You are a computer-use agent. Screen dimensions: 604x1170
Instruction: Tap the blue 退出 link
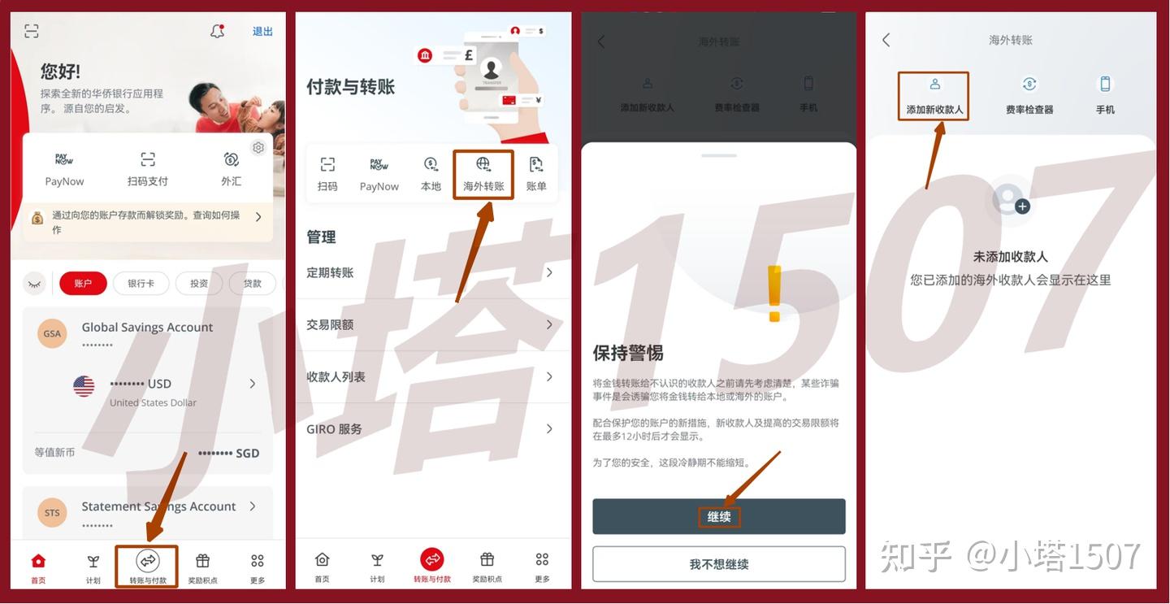click(262, 32)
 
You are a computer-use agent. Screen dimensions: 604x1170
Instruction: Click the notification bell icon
click(217, 32)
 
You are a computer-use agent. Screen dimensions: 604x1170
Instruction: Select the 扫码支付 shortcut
click(147, 168)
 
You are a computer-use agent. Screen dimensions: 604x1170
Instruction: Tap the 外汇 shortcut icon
click(232, 160)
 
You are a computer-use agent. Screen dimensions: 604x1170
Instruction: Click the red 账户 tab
click(83, 283)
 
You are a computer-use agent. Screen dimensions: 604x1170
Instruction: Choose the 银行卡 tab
click(141, 283)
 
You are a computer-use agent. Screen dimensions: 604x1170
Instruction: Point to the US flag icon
click(84, 386)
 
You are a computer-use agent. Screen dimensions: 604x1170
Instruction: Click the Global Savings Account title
click(147, 327)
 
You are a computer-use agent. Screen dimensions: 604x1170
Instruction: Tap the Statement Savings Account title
click(158, 506)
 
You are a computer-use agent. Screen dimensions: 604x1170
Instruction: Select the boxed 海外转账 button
click(483, 173)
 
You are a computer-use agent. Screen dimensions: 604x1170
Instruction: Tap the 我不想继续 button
click(719, 564)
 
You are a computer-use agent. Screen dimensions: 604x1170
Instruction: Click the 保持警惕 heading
click(628, 353)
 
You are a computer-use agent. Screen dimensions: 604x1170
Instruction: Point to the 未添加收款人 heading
click(1010, 257)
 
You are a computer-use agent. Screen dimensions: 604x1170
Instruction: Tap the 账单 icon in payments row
click(536, 173)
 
